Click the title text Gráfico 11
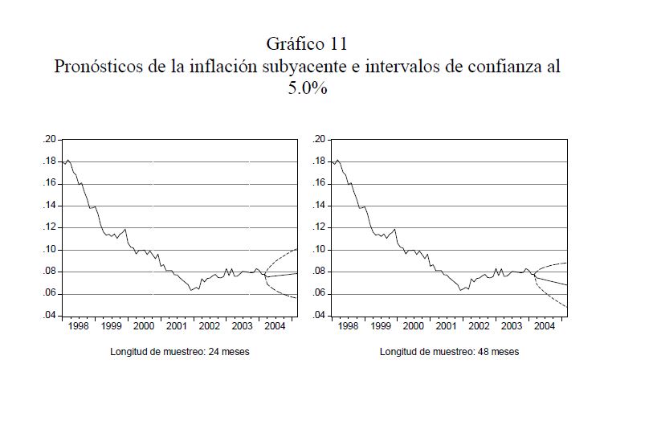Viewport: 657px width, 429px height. (x=307, y=43)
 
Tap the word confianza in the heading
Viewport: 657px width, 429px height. (x=493, y=66)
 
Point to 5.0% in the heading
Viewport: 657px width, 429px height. (x=307, y=88)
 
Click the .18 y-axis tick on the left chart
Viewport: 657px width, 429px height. (x=49, y=161)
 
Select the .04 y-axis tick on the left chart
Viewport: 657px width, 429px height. (x=49, y=316)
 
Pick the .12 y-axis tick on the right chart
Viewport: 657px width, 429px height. (x=319, y=227)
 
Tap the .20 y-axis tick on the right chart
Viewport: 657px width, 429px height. (x=319, y=140)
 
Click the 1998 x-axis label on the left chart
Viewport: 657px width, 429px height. (x=79, y=326)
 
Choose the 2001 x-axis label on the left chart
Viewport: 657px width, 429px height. (x=177, y=326)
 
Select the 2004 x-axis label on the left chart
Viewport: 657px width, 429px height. (x=275, y=326)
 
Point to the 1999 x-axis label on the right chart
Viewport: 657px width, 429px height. (x=381, y=326)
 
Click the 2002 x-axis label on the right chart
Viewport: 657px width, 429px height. (x=479, y=326)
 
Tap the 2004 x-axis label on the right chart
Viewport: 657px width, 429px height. (x=544, y=326)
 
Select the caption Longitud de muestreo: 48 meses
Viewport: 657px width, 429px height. (x=449, y=352)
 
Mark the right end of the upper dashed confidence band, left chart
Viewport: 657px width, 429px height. (x=296, y=250)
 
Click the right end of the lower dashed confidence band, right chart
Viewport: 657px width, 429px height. (x=566, y=307)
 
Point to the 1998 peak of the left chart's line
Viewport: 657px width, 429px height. (x=68, y=160)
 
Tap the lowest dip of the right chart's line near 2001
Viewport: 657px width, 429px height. (x=460, y=290)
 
